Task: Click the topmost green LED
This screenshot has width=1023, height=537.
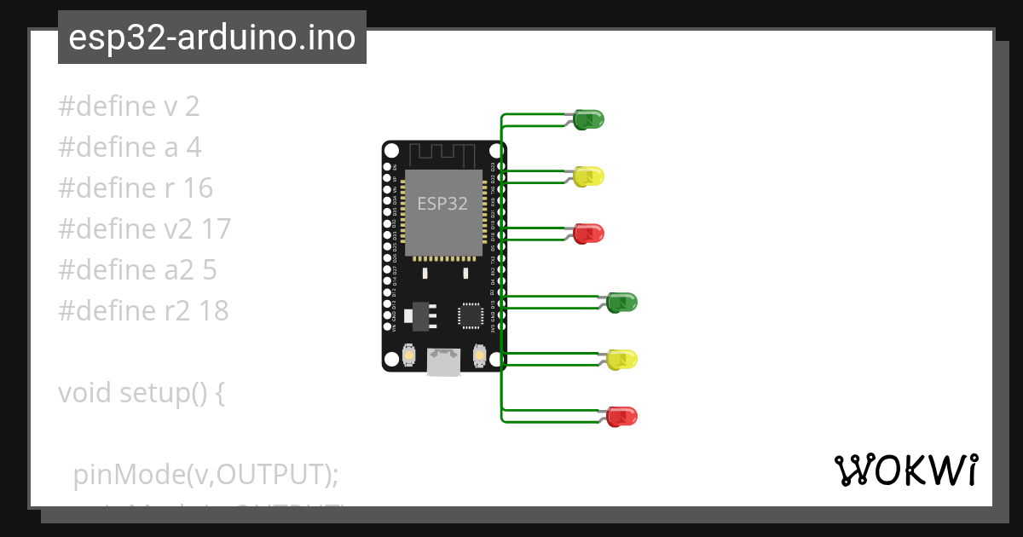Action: (x=588, y=119)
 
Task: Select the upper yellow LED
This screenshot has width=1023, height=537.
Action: (x=588, y=176)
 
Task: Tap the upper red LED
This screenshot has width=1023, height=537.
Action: (x=588, y=232)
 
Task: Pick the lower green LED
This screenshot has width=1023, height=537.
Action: (x=621, y=302)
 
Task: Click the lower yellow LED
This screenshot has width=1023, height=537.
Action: (x=621, y=359)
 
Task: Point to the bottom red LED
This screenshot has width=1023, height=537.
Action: (x=621, y=416)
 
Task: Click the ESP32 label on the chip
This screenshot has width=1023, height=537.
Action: (x=442, y=204)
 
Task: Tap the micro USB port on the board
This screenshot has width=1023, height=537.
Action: (x=443, y=361)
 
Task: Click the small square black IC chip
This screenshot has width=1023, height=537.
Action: (x=471, y=315)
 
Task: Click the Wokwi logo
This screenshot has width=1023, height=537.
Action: (x=905, y=470)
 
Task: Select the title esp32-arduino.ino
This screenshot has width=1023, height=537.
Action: (x=211, y=38)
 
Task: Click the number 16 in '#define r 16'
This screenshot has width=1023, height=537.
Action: (x=197, y=188)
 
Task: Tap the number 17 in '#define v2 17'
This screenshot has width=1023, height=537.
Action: (x=215, y=229)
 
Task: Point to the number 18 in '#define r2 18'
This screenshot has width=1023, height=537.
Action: (x=213, y=311)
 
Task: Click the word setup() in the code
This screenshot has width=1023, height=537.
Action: (x=171, y=393)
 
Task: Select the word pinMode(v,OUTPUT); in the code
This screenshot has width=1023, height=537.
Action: (x=205, y=474)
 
